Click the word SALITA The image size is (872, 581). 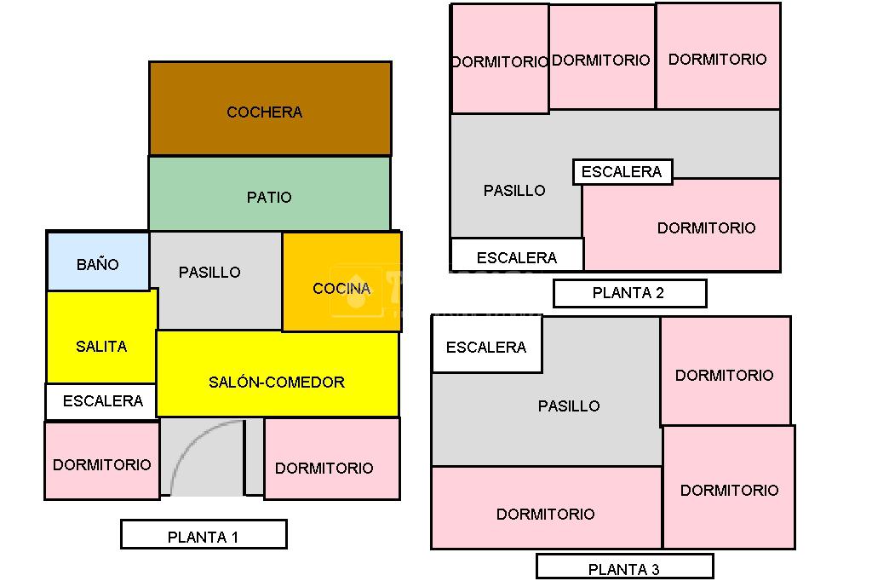[101, 347]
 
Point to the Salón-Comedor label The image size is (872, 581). [277, 383]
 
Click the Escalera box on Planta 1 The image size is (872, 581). [101, 401]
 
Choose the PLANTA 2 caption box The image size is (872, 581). [628, 294]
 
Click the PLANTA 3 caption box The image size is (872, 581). [624, 567]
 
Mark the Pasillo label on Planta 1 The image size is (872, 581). [209, 273]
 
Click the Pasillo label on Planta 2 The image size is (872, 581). [514, 191]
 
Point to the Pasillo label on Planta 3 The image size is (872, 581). [569, 406]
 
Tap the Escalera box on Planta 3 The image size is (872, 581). [486, 346]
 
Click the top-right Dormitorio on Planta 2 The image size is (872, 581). [718, 58]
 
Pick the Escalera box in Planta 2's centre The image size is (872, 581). [622, 172]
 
